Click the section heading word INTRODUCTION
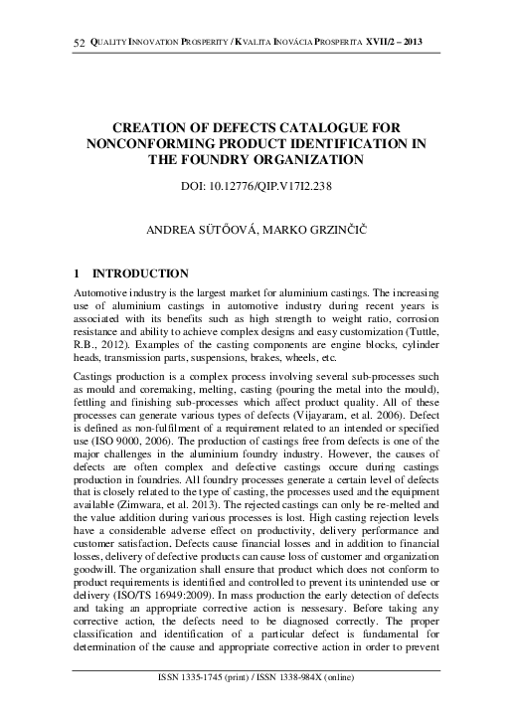[x=139, y=272]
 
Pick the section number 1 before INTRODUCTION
[x=80, y=272]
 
